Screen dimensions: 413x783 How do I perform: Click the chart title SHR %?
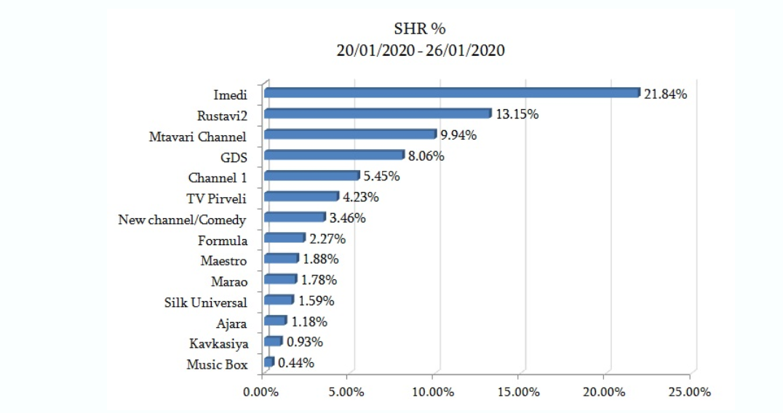pyautogui.click(x=420, y=29)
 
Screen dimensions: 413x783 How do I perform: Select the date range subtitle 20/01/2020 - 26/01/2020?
pyautogui.click(x=420, y=50)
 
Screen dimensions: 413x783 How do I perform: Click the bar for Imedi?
pyautogui.click(x=451, y=93)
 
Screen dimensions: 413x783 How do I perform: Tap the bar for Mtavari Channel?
pyautogui.click(x=350, y=135)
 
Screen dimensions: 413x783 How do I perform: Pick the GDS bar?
pyautogui.click(x=334, y=155)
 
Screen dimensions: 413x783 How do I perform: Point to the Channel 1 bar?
pyautogui.click(x=311, y=176)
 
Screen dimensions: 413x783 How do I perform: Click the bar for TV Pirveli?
pyautogui.click(x=301, y=196)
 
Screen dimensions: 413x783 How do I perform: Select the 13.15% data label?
pyautogui.click(x=517, y=114)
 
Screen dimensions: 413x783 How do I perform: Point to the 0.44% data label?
pyautogui.click(x=296, y=363)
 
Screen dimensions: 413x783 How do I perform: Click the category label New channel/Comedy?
pyautogui.click(x=182, y=220)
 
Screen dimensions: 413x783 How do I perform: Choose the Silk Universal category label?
pyautogui.click(x=206, y=302)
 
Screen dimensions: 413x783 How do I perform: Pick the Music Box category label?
pyautogui.click(x=217, y=365)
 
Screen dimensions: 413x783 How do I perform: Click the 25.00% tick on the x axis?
pyautogui.click(x=688, y=393)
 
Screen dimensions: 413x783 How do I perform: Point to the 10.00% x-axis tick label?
pyautogui.click(x=432, y=393)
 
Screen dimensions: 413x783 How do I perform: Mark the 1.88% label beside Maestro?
pyautogui.click(x=320, y=259)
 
